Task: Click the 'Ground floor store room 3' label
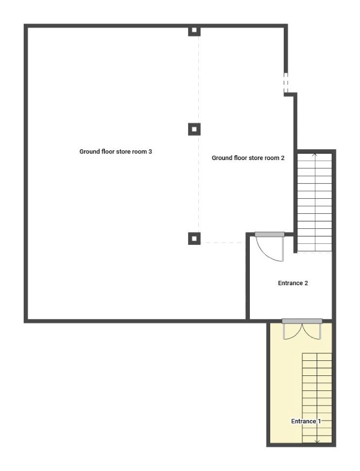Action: click(x=116, y=151)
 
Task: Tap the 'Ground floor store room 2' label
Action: click(x=248, y=158)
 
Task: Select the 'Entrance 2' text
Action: click(x=293, y=283)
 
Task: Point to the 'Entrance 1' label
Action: click(x=306, y=421)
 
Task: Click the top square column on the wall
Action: click(x=194, y=30)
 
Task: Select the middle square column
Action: click(x=194, y=129)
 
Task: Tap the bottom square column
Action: click(x=194, y=238)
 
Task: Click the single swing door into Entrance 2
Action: click(x=270, y=247)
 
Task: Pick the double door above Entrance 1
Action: click(x=302, y=329)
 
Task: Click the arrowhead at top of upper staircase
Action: click(x=315, y=154)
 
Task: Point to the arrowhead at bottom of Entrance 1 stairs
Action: click(x=317, y=442)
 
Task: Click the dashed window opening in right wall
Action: click(x=286, y=83)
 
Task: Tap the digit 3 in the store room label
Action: click(x=150, y=151)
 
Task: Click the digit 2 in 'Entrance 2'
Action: click(x=306, y=283)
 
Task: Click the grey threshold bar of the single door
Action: click(x=270, y=235)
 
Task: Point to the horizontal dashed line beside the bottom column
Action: click(x=221, y=242)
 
